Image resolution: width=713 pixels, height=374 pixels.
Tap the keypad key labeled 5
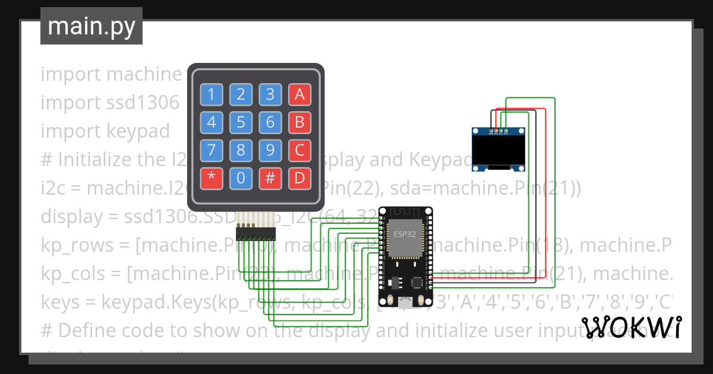pos(241,122)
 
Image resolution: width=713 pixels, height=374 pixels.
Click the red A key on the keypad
pos(299,94)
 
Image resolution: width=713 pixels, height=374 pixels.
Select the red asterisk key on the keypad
pos(211,178)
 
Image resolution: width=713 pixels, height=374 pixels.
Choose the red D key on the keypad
pos(299,178)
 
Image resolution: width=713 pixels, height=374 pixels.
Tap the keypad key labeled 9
pos(270,150)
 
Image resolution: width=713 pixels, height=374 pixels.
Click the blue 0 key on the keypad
pos(241,178)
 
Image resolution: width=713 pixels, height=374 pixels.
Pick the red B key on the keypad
pos(299,122)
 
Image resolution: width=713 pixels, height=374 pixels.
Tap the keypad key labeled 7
pos(211,150)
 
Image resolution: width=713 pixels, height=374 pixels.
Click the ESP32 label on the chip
pos(405,233)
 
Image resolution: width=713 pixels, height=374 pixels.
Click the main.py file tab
pos(92,26)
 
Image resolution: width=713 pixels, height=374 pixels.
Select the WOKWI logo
pos(631,327)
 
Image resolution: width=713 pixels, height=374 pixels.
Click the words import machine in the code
pos(111,74)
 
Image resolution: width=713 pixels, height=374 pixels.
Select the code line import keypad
pos(105,131)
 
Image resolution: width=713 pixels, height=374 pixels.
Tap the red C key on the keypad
pos(299,150)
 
